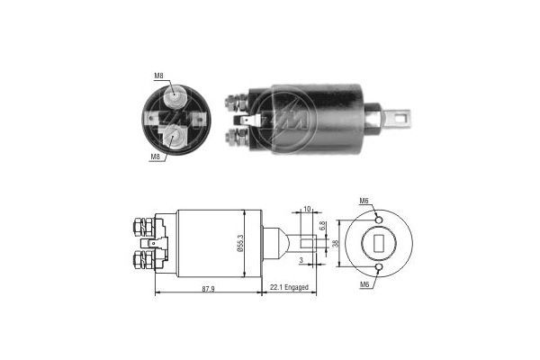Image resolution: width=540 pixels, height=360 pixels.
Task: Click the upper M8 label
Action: [158, 76]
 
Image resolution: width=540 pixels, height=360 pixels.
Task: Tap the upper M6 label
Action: [364, 200]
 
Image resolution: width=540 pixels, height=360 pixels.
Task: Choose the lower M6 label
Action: [364, 284]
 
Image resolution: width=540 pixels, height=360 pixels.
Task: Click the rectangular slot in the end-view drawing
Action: [379, 242]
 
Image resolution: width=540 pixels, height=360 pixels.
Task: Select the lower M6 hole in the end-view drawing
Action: [380, 267]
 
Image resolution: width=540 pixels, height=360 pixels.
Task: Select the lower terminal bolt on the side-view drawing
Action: [142, 261]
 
